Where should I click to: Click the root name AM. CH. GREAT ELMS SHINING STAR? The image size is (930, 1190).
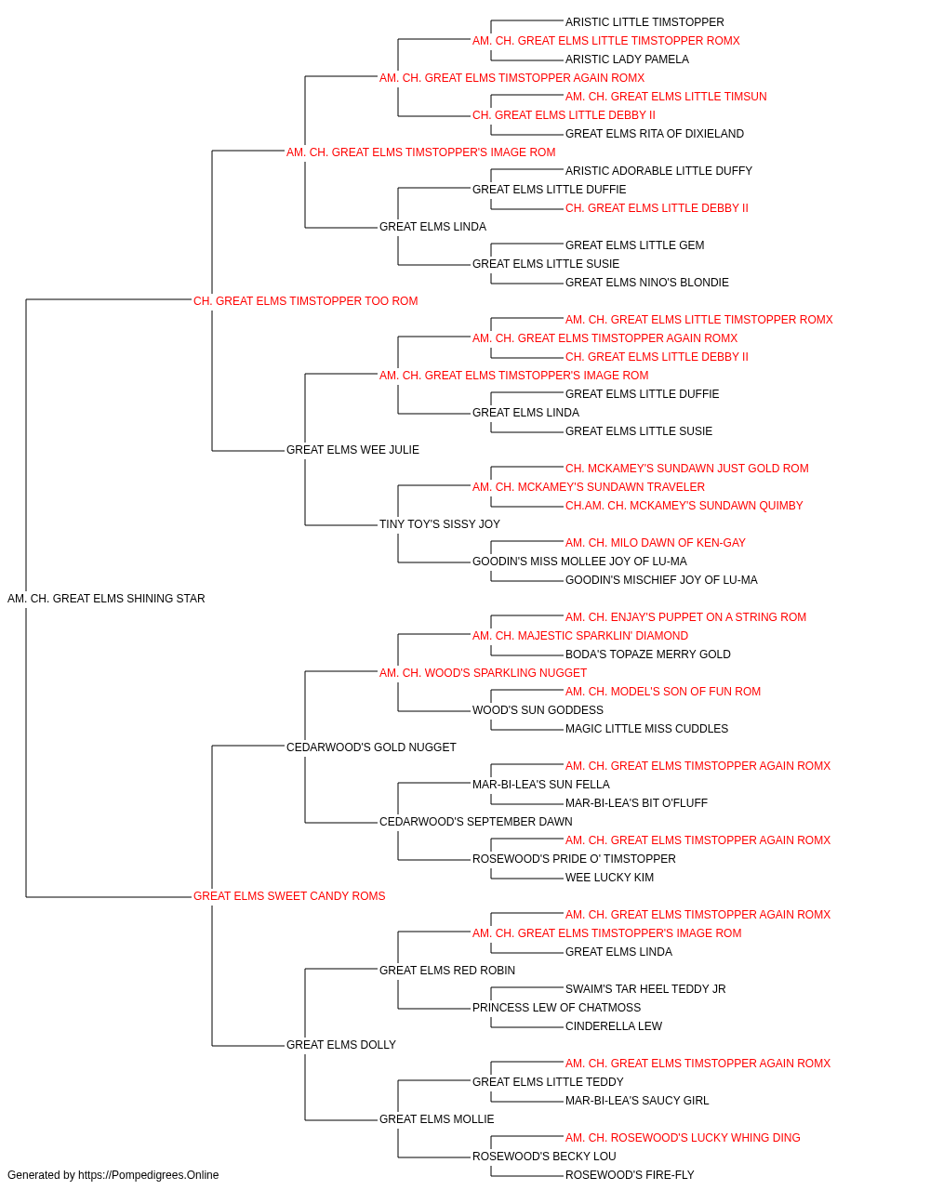click(106, 599)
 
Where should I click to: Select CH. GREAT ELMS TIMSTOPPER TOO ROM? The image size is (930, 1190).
click(306, 301)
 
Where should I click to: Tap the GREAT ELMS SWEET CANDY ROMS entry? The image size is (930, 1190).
click(289, 896)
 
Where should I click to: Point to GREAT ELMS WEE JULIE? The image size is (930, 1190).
click(352, 450)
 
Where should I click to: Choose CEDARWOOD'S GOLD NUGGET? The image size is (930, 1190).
click(371, 747)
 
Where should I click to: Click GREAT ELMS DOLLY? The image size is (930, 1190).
click(341, 1044)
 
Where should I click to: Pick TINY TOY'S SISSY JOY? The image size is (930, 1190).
click(440, 524)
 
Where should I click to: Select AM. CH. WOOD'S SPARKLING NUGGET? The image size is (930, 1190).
click(483, 672)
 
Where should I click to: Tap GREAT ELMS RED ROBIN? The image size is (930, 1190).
click(447, 971)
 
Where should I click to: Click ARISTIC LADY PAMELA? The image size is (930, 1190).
click(627, 59)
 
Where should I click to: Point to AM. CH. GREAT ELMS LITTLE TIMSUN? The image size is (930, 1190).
click(666, 97)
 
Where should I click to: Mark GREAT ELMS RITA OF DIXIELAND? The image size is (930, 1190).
click(655, 134)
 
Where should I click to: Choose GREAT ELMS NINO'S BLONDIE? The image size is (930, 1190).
click(647, 283)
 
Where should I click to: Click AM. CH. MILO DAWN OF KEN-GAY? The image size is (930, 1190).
click(656, 543)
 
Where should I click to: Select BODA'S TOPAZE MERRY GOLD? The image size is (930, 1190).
click(648, 654)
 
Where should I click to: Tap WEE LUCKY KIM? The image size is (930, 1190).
click(609, 878)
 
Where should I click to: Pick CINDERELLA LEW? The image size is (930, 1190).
click(614, 1026)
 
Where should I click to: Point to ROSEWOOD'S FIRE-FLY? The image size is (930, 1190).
click(630, 1175)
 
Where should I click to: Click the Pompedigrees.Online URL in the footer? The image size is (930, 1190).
click(149, 1175)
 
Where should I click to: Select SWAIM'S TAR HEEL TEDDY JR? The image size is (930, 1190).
click(645, 989)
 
